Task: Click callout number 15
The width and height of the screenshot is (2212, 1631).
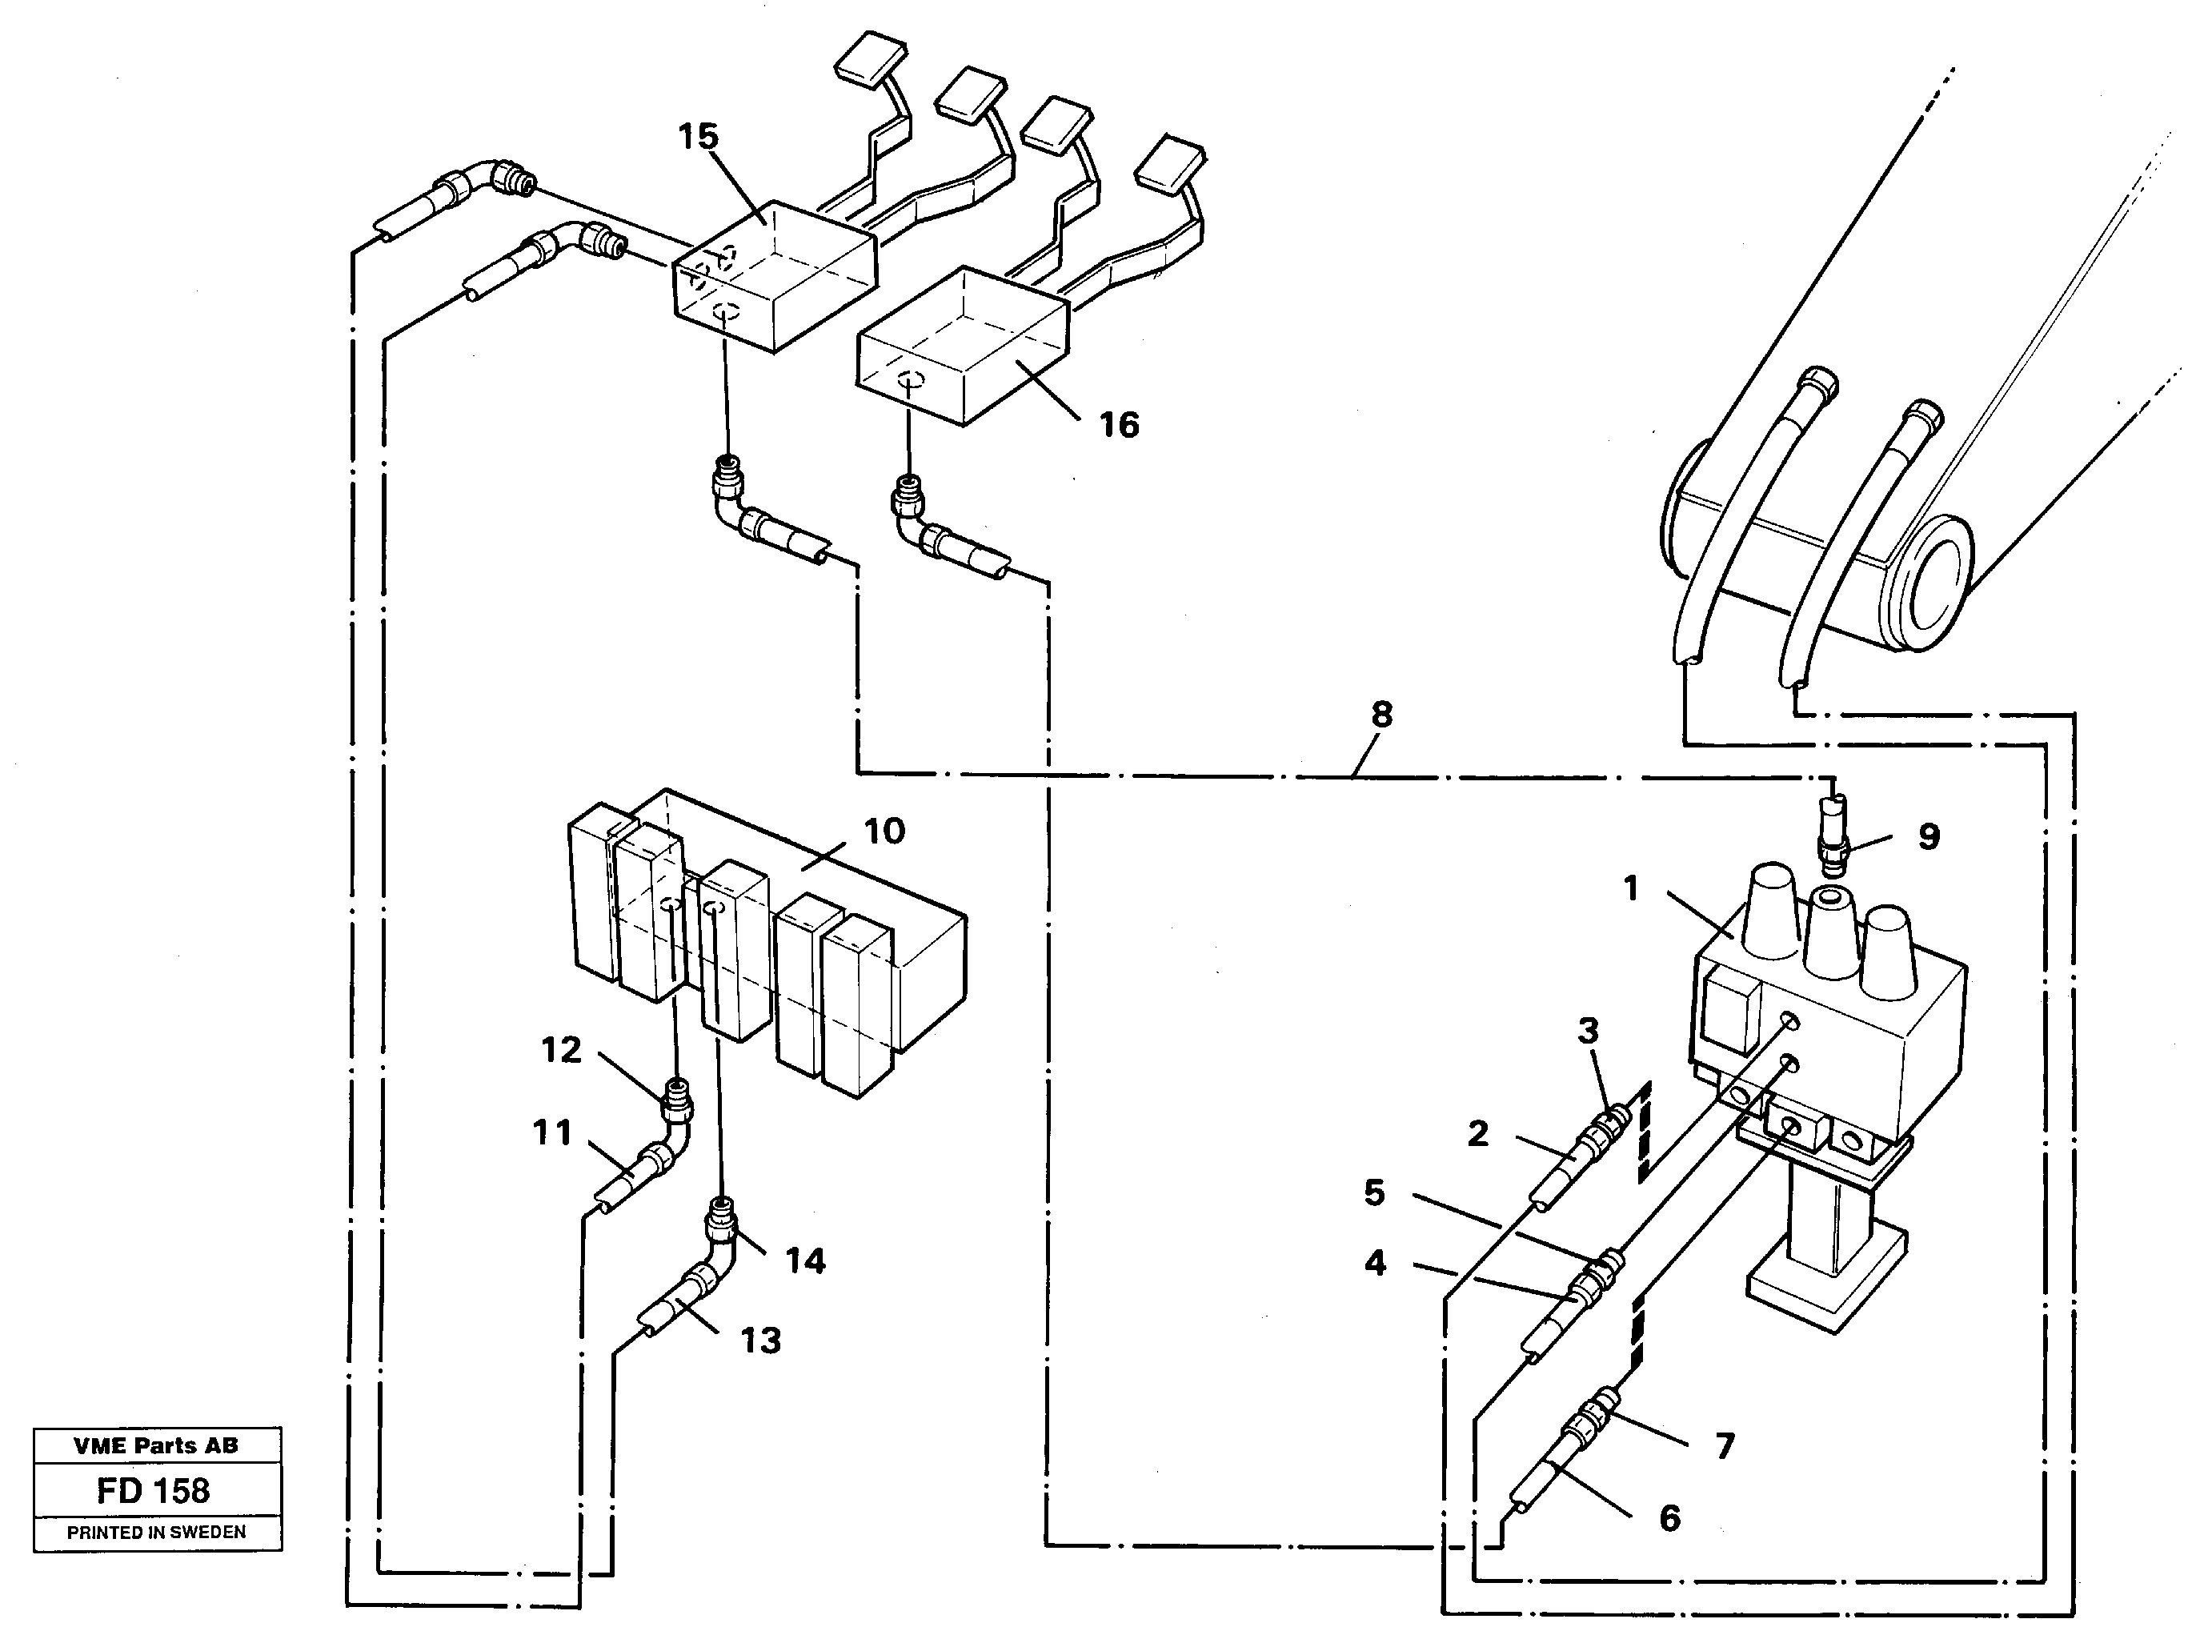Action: click(x=698, y=137)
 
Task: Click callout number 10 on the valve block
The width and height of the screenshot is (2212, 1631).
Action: click(x=884, y=832)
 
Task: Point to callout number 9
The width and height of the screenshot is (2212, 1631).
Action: click(x=1928, y=837)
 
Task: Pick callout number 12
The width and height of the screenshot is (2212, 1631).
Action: click(x=561, y=1049)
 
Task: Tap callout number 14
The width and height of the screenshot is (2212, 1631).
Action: click(x=804, y=1260)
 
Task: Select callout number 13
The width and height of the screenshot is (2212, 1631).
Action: click(x=760, y=1340)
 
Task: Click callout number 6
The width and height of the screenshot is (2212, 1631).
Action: click(x=1669, y=1517)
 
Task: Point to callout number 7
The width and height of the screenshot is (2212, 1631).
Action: click(x=1725, y=1446)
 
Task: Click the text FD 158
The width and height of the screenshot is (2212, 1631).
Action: click(x=153, y=1490)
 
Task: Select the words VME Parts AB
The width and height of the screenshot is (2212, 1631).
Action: click(x=156, y=1445)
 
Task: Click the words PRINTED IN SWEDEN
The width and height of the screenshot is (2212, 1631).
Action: click(x=156, y=1533)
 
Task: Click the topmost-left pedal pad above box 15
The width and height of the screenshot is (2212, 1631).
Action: click(x=870, y=54)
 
